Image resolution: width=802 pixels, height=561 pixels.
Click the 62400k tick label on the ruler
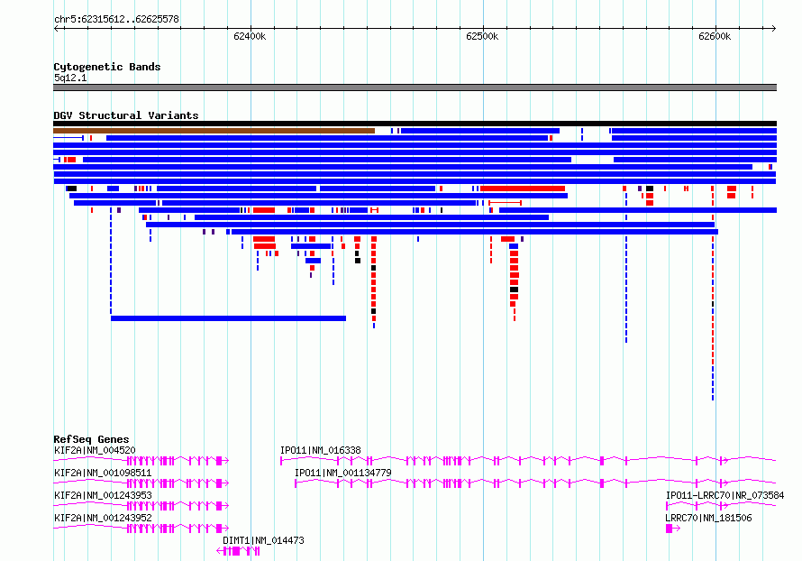[250, 36]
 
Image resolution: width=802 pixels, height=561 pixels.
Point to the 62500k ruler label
[482, 36]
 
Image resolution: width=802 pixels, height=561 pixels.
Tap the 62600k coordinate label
[715, 36]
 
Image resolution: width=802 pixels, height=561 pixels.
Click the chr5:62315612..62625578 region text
[116, 20]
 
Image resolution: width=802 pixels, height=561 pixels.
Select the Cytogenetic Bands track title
[107, 67]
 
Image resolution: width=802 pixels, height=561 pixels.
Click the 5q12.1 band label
[70, 78]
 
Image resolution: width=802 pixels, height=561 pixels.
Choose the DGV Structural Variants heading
[126, 115]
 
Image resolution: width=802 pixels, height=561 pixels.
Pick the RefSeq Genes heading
[91, 439]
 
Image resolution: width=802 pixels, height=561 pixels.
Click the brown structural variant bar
[214, 131]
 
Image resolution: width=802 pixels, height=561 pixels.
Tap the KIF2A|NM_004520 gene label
[95, 450]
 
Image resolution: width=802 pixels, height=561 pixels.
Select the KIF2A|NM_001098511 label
[103, 473]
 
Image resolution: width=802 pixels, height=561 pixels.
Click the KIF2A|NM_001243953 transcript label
[103, 495]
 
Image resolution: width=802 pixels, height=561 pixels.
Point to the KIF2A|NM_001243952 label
[103, 518]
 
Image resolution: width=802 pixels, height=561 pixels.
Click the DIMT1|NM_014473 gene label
[263, 540]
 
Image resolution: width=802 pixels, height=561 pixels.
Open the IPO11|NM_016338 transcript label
[321, 450]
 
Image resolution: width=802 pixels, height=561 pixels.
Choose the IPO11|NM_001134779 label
[343, 473]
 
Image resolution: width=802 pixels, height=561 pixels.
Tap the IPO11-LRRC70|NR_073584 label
[725, 495]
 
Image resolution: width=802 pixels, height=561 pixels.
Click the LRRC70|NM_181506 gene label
[708, 518]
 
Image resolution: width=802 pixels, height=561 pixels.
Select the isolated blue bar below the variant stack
[228, 318]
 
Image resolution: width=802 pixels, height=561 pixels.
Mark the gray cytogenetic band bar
[415, 87]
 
